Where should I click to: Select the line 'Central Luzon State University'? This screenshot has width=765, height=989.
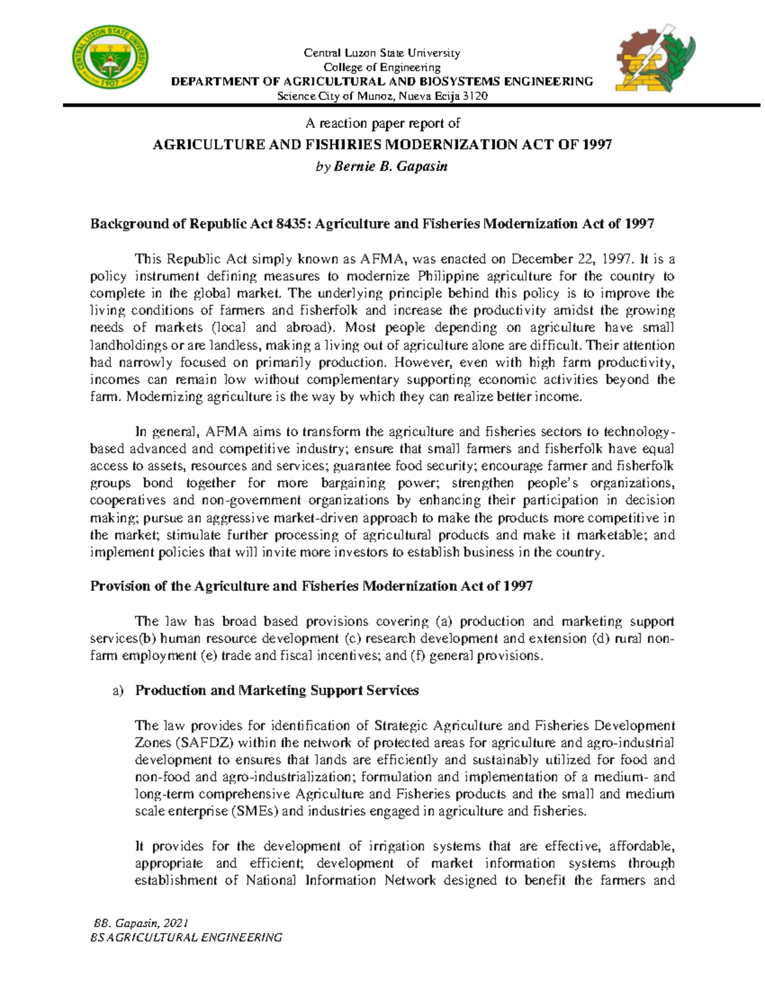381,53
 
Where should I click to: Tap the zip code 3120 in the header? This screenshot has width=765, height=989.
474,96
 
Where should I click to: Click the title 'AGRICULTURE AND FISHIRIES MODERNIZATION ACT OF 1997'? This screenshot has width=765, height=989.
382,145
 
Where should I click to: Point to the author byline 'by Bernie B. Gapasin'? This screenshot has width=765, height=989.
382,167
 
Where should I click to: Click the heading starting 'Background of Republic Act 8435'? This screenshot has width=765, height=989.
372,224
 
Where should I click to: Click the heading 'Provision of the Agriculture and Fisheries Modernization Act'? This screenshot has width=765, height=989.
311,586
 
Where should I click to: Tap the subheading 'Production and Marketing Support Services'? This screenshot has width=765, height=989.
277,690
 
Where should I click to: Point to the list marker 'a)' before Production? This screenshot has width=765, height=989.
117,691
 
